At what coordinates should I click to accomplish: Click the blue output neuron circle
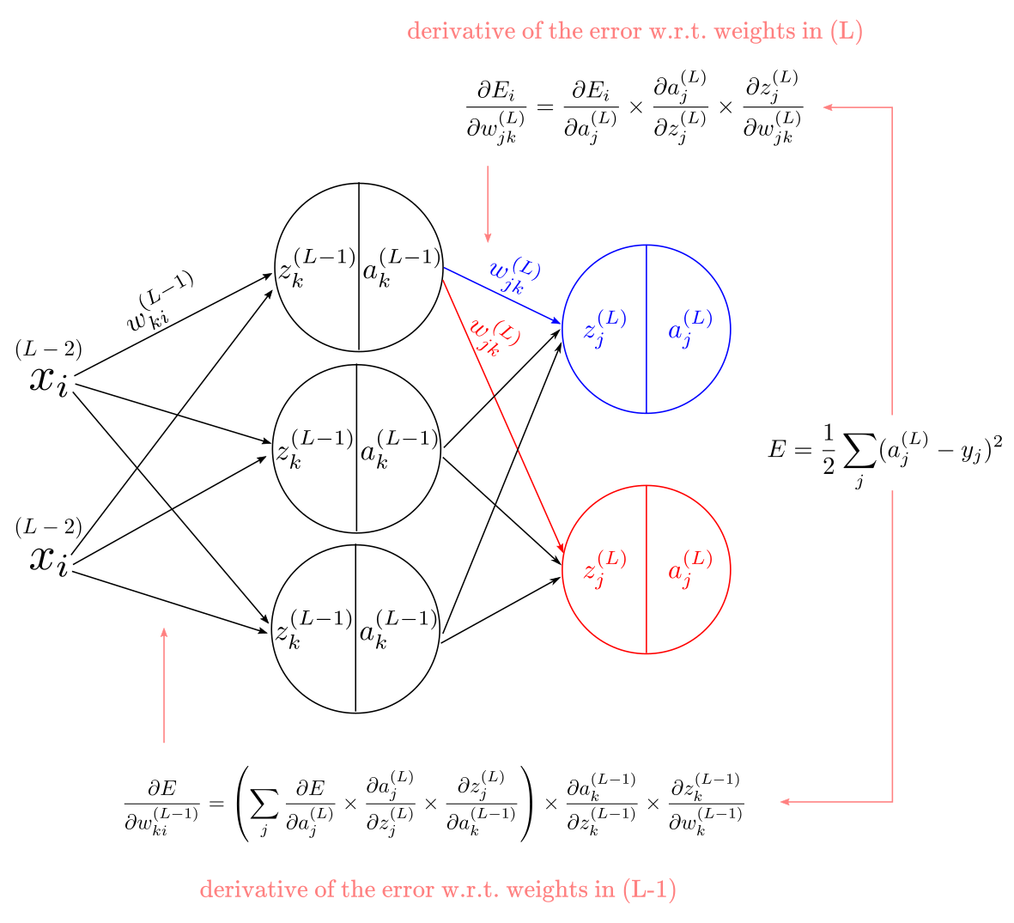pos(562,329)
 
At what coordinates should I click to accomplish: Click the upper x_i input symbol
pos(48,380)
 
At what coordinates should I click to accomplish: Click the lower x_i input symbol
pos(48,559)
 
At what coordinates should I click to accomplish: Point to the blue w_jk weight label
pos(515,276)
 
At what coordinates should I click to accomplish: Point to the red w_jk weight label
pos(494,337)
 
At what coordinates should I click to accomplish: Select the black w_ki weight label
pos(160,301)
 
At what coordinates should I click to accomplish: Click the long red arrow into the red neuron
pos(503,416)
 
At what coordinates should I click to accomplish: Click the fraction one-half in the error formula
pos(829,450)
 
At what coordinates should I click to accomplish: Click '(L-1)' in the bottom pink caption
pos(649,890)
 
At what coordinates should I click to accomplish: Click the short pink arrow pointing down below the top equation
pos(488,203)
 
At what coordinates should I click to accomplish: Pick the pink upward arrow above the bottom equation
pos(164,685)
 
